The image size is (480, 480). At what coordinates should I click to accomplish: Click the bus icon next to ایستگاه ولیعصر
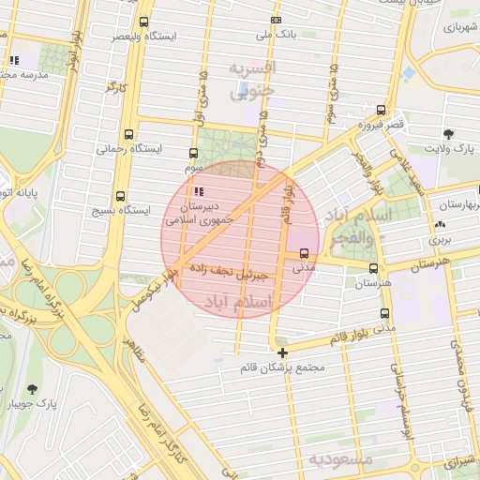142,22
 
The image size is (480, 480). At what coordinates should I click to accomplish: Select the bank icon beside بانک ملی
275,20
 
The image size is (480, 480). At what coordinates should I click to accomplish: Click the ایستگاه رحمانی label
128,149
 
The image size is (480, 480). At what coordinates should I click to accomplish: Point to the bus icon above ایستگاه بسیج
120,196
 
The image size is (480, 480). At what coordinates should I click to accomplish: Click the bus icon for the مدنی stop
305,252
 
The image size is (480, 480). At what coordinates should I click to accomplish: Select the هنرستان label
372,282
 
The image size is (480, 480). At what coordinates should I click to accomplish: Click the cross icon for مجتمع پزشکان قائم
282,352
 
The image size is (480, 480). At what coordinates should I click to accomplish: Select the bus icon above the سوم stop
194,152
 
